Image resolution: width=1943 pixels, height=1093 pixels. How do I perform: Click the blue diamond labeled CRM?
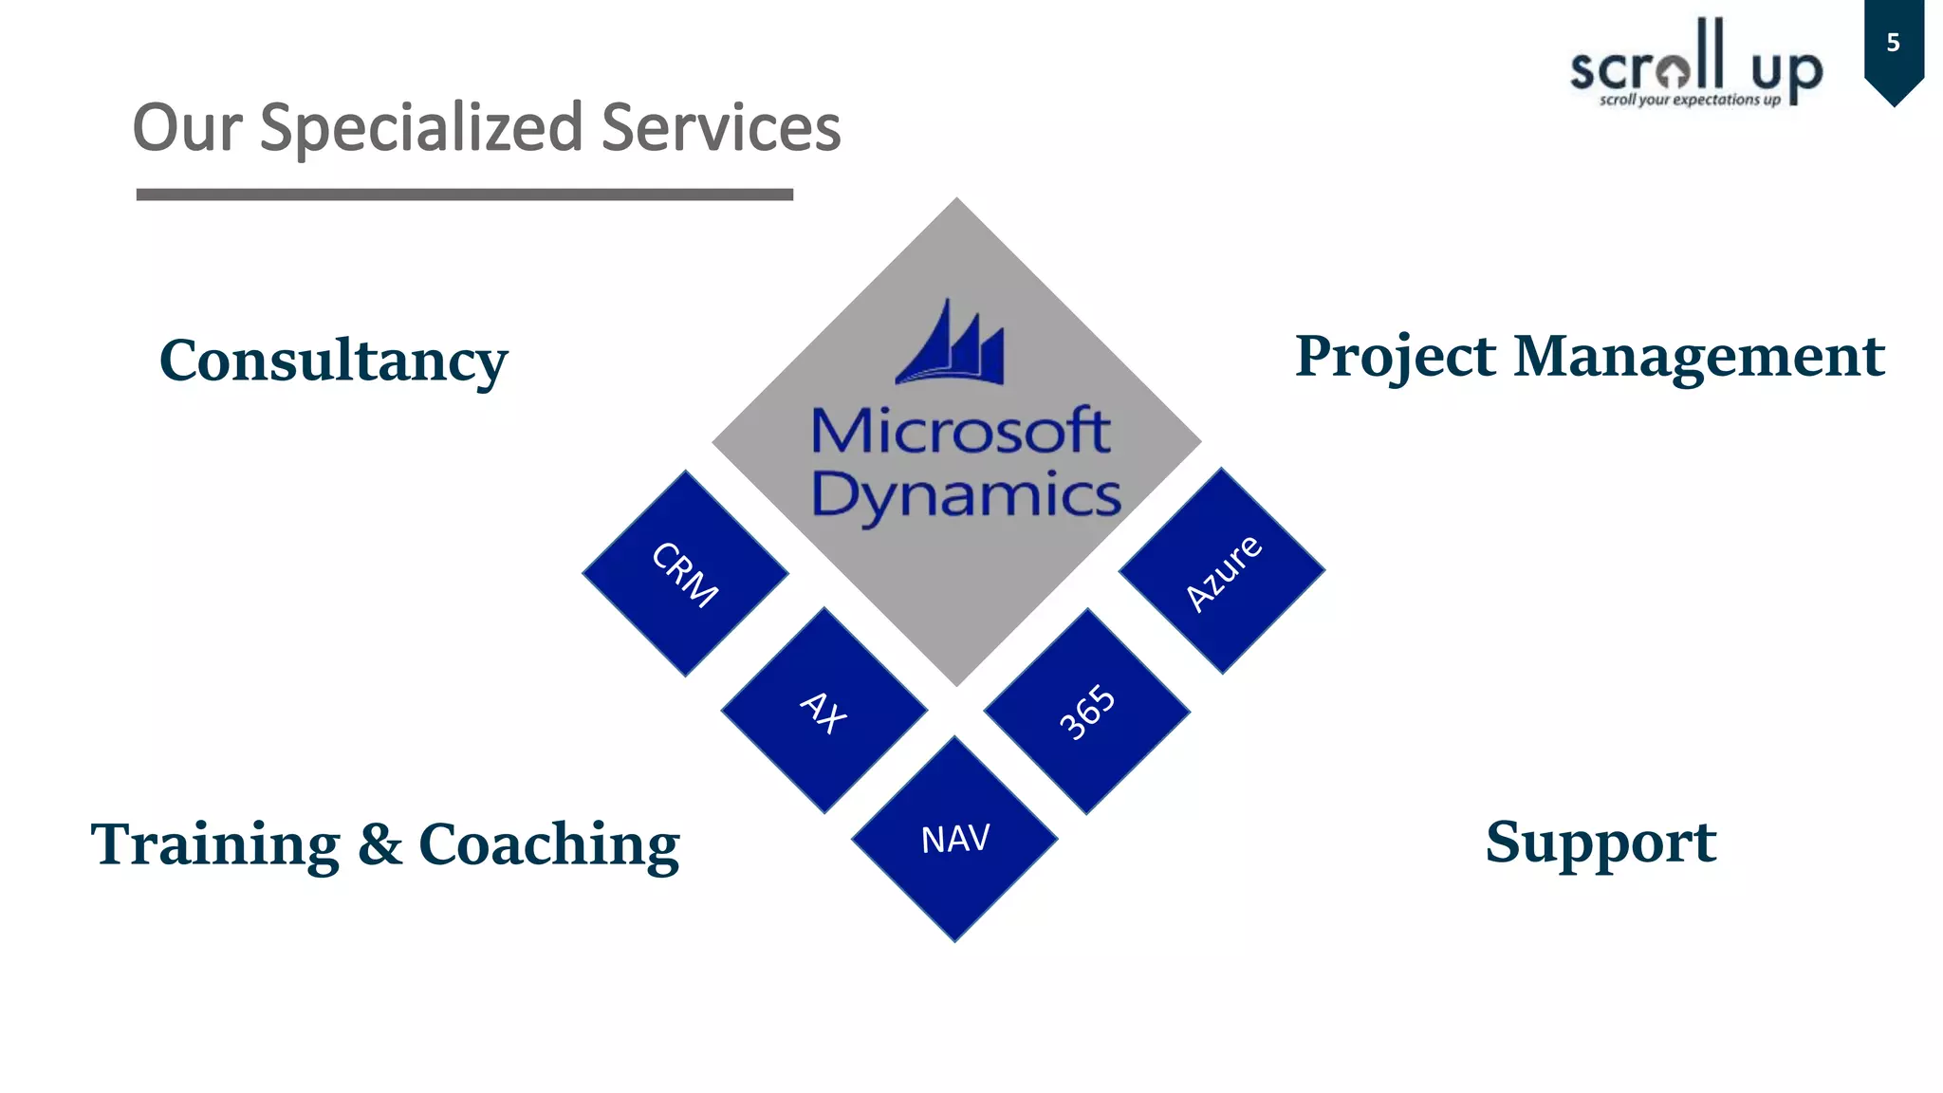point(685,573)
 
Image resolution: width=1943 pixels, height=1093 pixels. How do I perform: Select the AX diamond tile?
point(823,711)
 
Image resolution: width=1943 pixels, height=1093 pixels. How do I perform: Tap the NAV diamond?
point(954,839)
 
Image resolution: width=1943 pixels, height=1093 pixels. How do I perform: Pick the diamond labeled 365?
point(1087,712)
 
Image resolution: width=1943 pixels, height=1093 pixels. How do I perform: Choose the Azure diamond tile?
point(1222,571)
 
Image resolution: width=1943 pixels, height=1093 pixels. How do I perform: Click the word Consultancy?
point(333,361)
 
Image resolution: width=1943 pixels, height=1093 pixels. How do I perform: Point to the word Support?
point(1601,843)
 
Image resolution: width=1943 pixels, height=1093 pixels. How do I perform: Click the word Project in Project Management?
point(1396,358)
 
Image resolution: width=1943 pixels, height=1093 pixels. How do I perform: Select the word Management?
point(1698,357)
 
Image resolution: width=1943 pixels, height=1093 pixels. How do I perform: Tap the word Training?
point(215,844)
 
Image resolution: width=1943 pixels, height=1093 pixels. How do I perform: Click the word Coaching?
point(549,844)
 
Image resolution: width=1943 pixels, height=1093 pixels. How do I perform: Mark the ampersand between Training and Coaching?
point(380,844)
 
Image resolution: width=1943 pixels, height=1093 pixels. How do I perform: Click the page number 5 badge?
point(1893,44)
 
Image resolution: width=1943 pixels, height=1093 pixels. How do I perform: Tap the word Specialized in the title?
point(421,128)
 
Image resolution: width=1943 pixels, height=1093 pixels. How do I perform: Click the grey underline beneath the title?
point(464,195)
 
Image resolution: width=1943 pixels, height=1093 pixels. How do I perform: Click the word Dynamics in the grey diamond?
point(966,495)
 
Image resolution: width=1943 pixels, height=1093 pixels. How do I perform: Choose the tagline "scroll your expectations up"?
point(1690,100)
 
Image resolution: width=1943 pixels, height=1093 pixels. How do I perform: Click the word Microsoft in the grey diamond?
point(960,432)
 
